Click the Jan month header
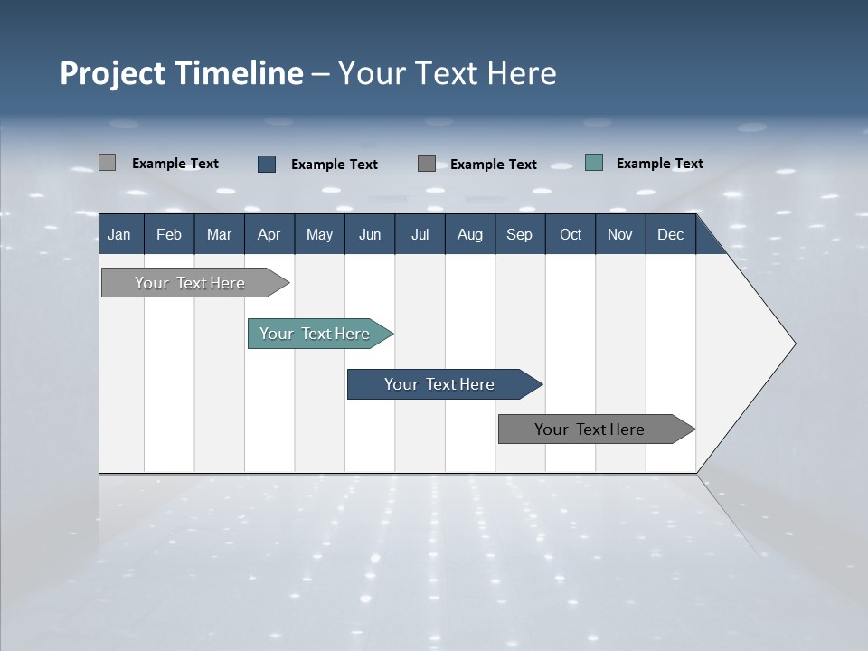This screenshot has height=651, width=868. (x=119, y=234)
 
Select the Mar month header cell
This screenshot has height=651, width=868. (x=219, y=234)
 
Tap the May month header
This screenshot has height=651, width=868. (x=319, y=234)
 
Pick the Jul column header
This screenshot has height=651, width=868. (x=420, y=234)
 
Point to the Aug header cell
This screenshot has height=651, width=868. (x=469, y=234)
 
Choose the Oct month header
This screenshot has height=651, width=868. (x=571, y=234)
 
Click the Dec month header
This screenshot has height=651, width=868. (x=670, y=234)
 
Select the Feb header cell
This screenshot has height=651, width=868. (x=169, y=234)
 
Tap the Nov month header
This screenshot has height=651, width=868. (x=620, y=234)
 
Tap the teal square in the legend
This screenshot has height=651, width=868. (x=594, y=163)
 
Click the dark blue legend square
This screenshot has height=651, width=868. (x=267, y=164)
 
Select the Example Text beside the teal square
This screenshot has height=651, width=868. (x=659, y=164)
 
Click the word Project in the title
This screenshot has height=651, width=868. (x=113, y=74)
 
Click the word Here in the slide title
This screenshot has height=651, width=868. (x=522, y=73)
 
